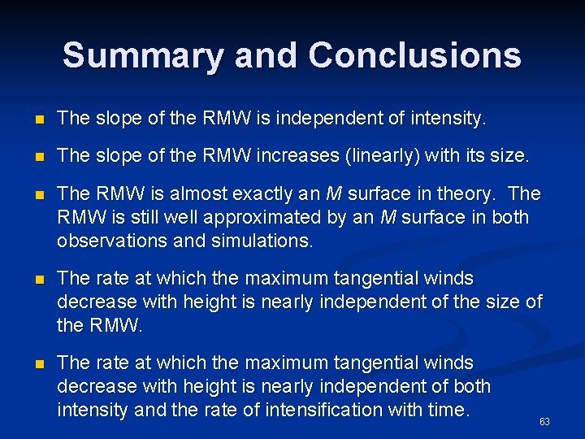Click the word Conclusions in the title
pos(414,55)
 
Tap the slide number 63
pos(544,422)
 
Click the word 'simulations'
pos(270,241)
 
